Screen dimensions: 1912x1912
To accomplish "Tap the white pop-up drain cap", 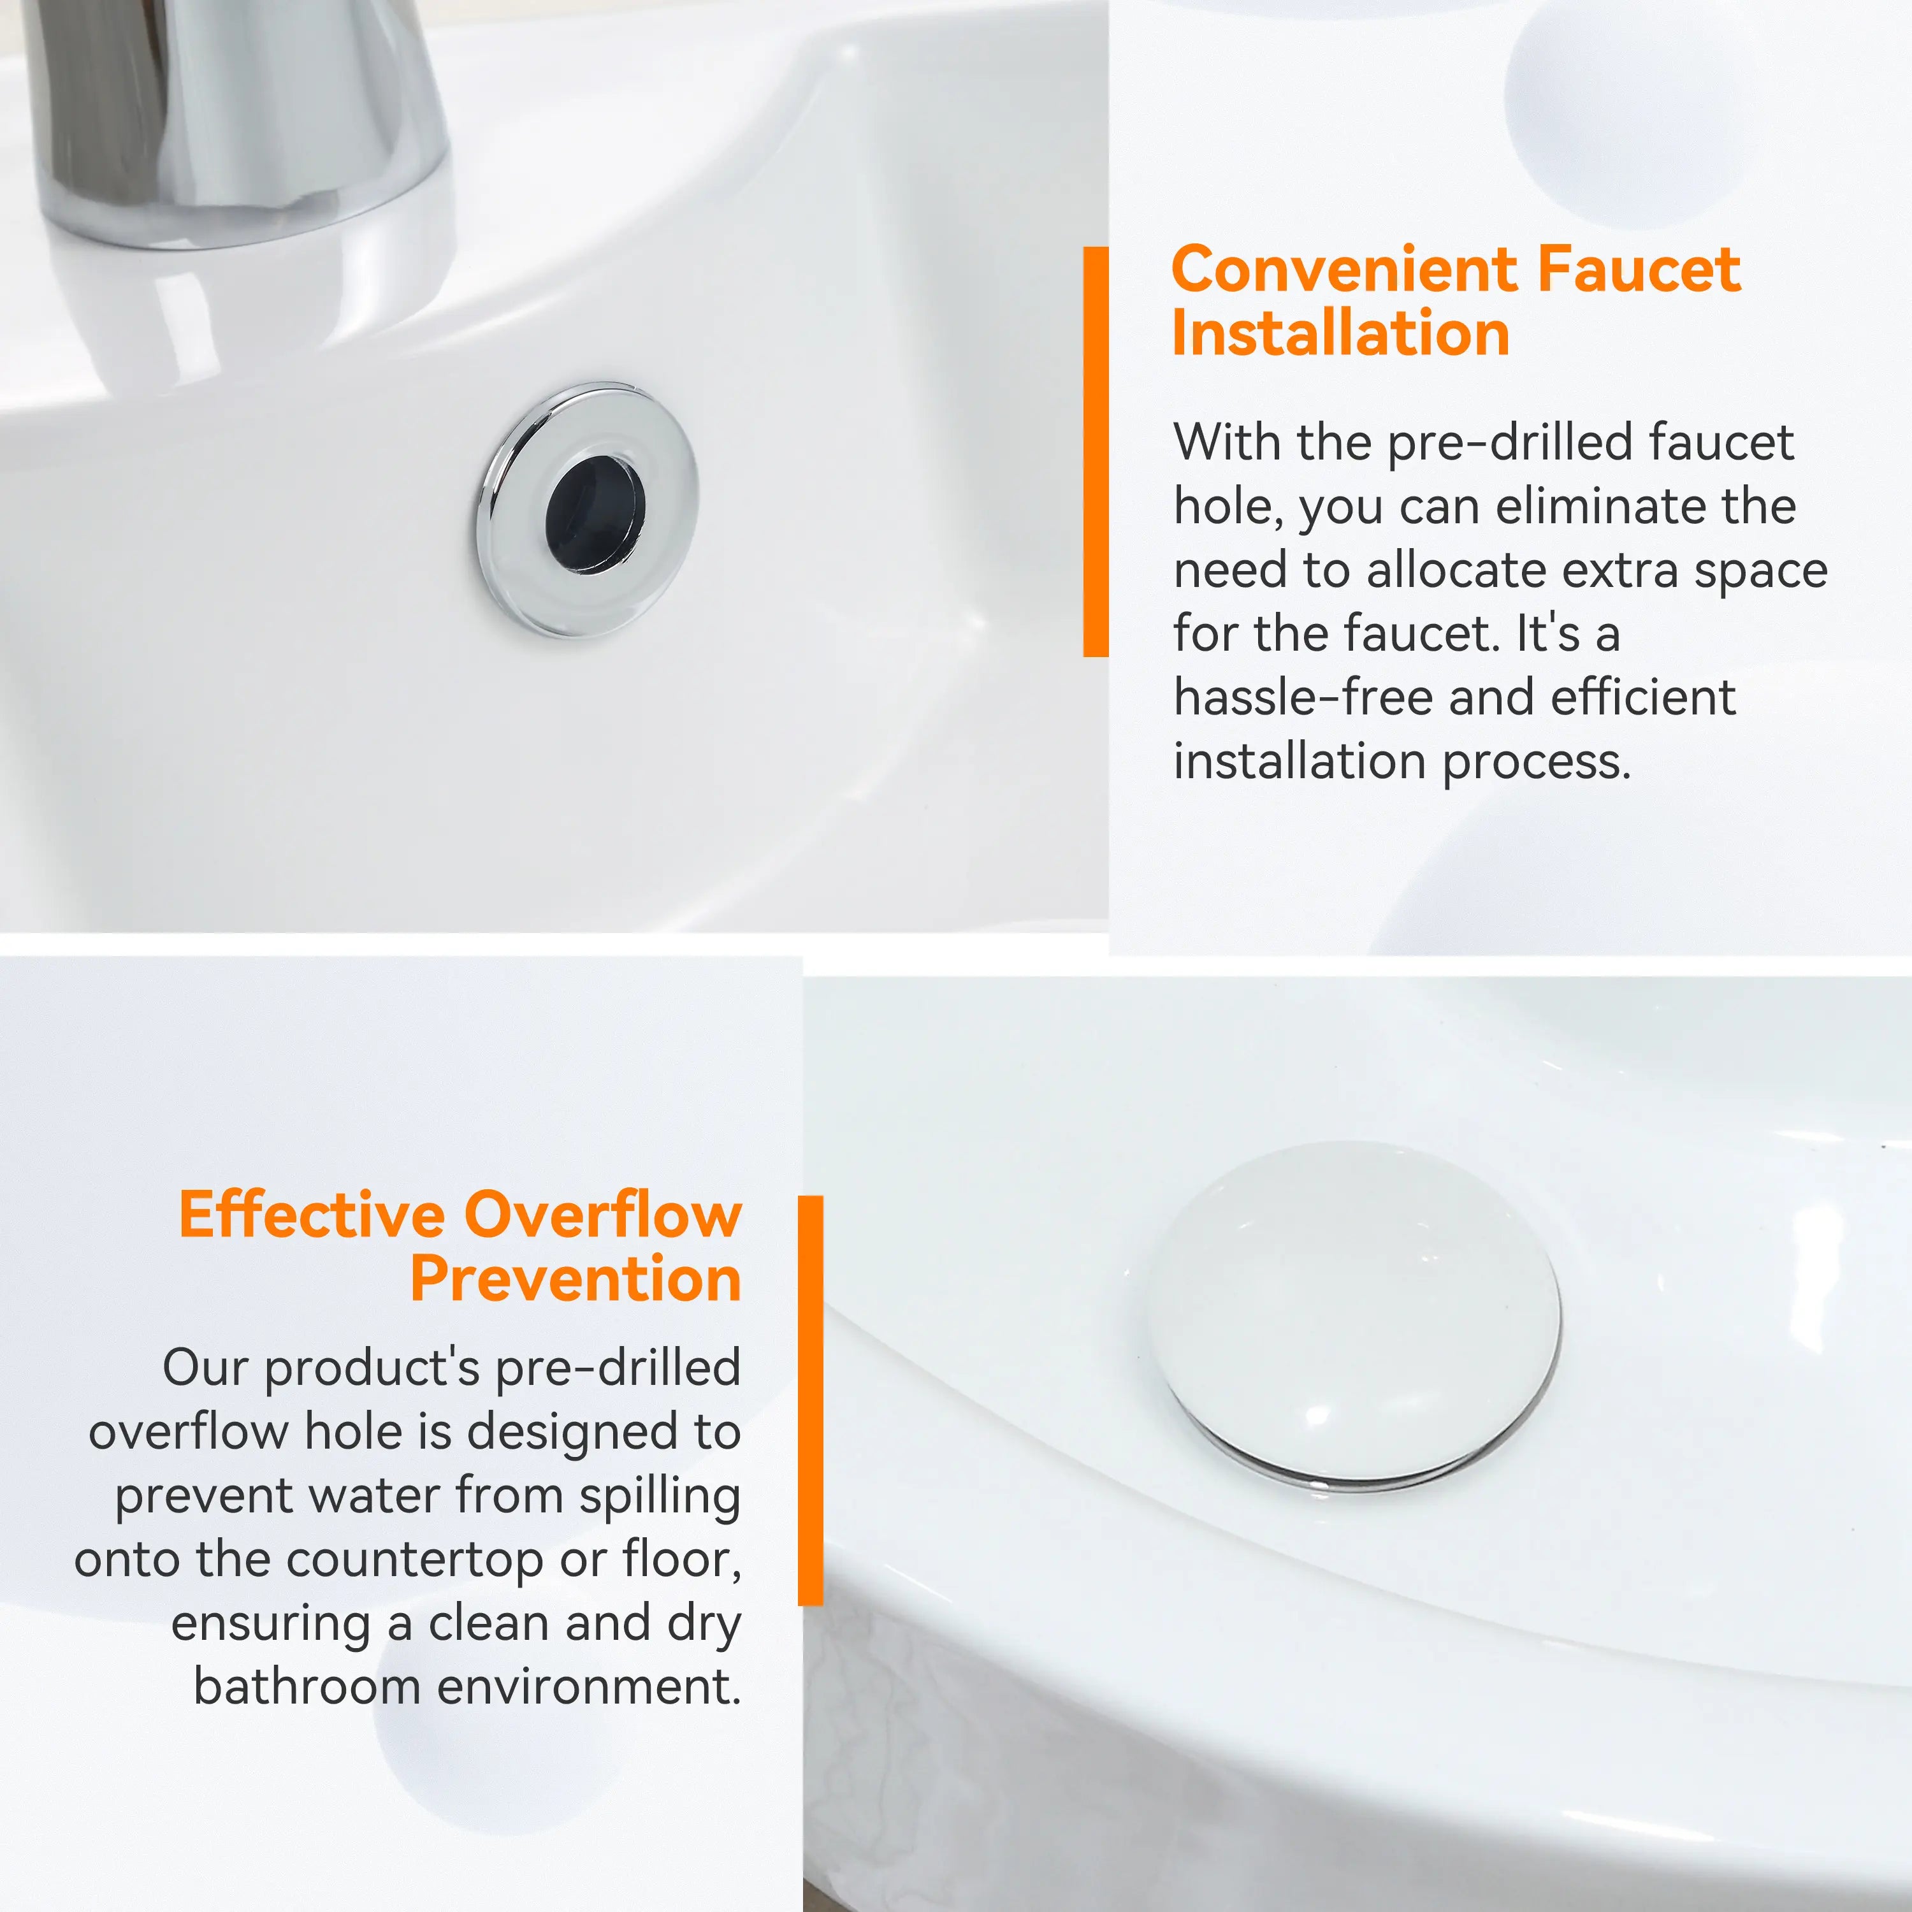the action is pos(1354,1316).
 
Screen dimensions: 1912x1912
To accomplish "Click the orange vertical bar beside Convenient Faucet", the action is pos(1096,451).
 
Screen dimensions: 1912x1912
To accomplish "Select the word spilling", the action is pos(660,1496).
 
